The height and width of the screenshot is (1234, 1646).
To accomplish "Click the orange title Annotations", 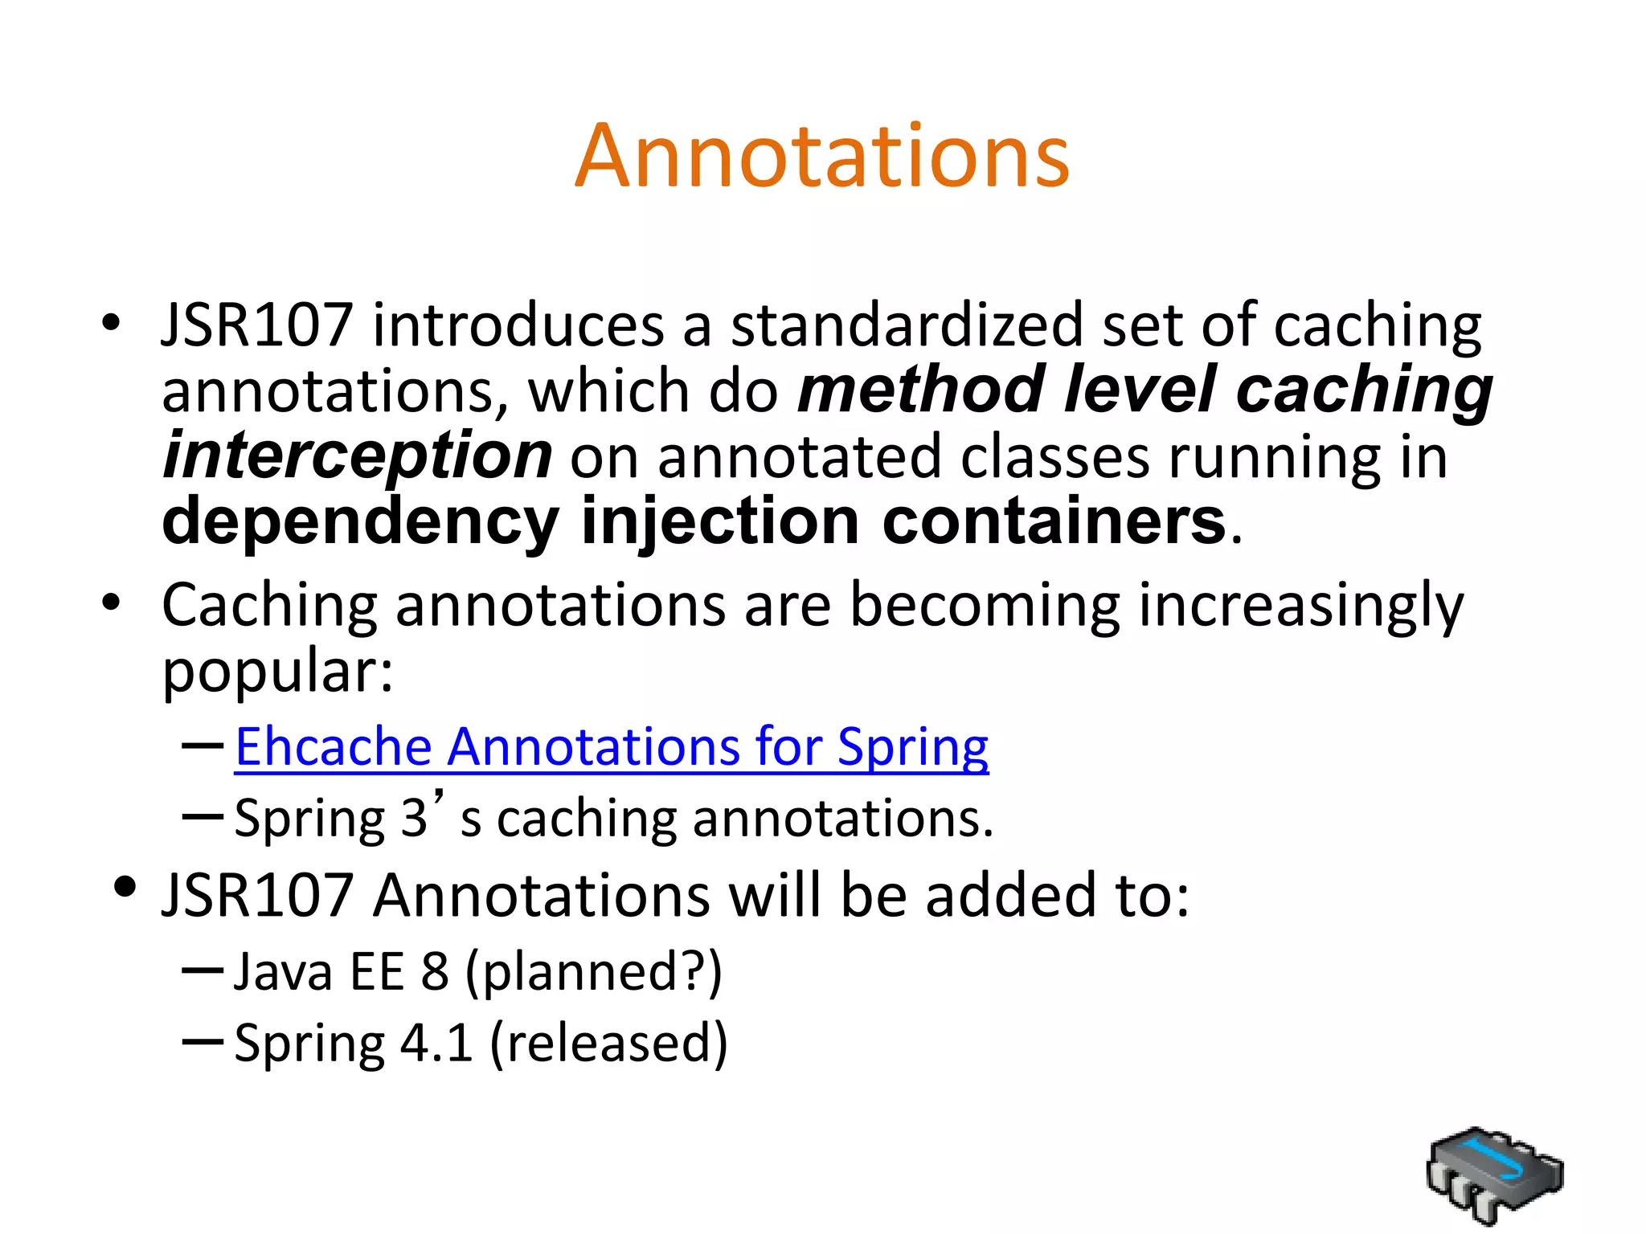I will (821, 156).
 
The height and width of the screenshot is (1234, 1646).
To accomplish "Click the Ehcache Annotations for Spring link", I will (611, 747).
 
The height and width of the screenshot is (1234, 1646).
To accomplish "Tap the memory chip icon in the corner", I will (1494, 1174).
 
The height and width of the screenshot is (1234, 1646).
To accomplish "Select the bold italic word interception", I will (358, 456).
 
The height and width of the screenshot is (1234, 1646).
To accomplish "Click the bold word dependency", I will (360, 523).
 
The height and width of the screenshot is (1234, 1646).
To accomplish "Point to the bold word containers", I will (1054, 521).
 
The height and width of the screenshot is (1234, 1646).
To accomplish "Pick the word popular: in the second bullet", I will (277, 672).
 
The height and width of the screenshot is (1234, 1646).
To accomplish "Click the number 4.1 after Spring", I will (436, 1044).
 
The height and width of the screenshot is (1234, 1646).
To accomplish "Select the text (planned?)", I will (594, 972).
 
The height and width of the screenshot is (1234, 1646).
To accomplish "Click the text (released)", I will (608, 1044).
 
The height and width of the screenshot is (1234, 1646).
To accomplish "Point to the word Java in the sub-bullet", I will (283, 972).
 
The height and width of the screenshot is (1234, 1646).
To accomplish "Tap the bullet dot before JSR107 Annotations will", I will (124, 888).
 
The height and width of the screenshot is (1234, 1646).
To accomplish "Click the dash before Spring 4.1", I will (203, 1042).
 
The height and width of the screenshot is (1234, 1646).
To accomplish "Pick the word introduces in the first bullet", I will (518, 325).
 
